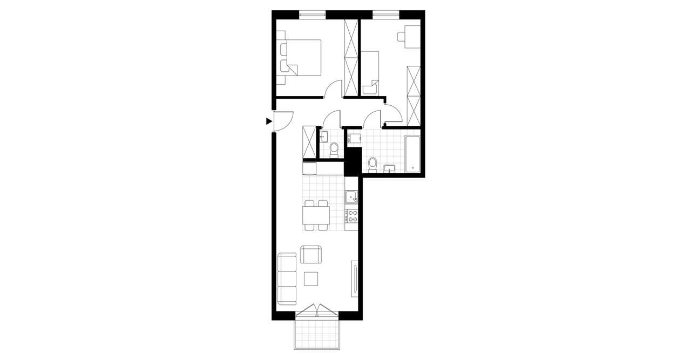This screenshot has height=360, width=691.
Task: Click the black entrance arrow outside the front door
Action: click(269, 121)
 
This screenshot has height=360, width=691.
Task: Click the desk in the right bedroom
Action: click(413, 37)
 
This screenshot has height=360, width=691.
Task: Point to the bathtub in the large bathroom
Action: click(412, 154)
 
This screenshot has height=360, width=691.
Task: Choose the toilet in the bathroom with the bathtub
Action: click(372, 163)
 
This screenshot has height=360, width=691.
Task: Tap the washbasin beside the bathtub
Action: click(389, 169)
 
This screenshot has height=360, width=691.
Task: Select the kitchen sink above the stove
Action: click(351, 198)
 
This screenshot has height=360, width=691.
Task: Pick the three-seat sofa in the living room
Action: click(287, 278)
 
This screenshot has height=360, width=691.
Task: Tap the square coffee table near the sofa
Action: click(311, 279)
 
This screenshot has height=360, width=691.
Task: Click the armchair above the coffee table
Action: click(310, 254)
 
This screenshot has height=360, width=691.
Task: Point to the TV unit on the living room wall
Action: click(355, 278)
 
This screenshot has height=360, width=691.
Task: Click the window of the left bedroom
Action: click(313, 15)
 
